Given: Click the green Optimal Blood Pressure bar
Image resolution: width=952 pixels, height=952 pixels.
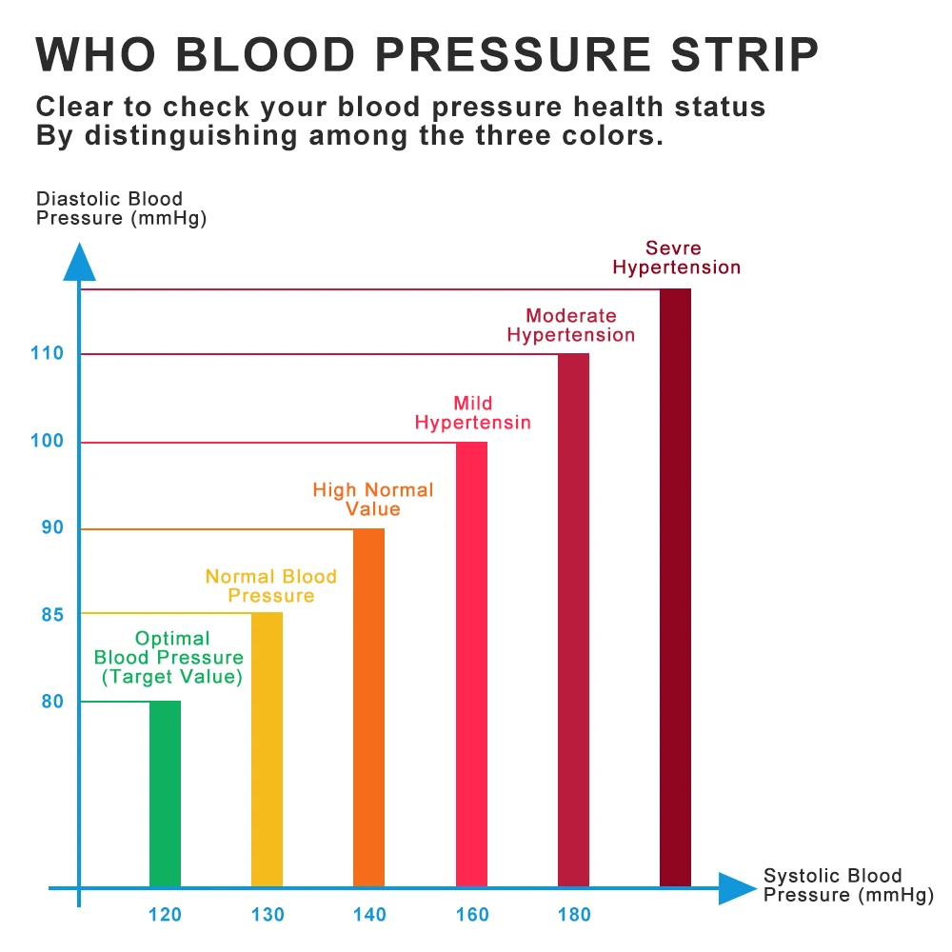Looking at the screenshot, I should (x=165, y=794).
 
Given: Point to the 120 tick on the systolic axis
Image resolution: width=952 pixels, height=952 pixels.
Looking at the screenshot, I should (x=165, y=915).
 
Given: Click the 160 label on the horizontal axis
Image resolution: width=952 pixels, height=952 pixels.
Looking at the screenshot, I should (x=471, y=915).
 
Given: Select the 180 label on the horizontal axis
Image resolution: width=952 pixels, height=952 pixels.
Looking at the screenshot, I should (x=573, y=915).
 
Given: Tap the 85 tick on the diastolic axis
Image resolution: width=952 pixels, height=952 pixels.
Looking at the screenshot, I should (x=52, y=615).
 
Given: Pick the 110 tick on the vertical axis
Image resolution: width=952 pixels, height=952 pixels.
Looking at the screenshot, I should (x=47, y=354).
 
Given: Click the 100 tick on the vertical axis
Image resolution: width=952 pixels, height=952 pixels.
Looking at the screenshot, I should (x=47, y=442).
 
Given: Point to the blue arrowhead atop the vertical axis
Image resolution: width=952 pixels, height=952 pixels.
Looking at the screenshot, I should (x=80, y=261).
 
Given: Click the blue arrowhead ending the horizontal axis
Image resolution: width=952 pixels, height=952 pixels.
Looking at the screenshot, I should (x=736, y=887).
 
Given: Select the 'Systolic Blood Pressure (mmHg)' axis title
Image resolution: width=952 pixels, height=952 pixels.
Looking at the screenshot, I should (x=845, y=885).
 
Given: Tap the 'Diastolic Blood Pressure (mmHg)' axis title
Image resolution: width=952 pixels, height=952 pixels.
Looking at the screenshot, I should (x=121, y=208).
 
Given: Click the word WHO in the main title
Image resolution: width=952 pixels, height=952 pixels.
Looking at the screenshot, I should (x=96, y=54).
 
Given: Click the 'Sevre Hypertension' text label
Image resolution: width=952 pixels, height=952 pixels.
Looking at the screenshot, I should (x=676, y=258).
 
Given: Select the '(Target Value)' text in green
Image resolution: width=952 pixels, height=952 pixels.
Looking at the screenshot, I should (x=172, y=677).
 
